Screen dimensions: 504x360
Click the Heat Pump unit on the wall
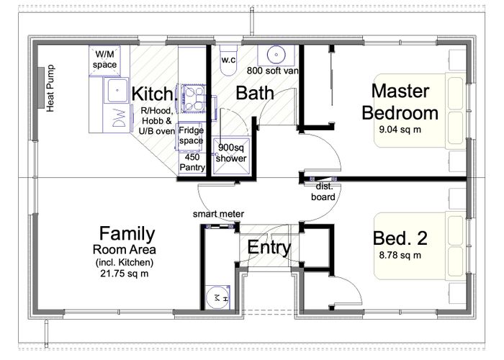[x=41, y=87]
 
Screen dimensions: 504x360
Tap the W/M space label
[x=105, y=60]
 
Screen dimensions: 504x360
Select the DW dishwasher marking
[x=119, y=118]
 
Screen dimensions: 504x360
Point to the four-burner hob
[x=193, y=98]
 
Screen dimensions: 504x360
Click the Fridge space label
[x=191, y=135]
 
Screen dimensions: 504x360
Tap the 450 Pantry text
[x=192, y=162]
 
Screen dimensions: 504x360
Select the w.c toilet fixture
[x=228, y=60]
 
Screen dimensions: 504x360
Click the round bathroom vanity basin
[x=276, y=54]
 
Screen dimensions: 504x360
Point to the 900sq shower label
[x=231, y=153]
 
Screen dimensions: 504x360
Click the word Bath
[x=255, y=93]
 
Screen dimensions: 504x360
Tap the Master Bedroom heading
[x=400, y=102]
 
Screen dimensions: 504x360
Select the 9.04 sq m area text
[x=400, y=130]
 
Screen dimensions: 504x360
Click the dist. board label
[x=323, y=192]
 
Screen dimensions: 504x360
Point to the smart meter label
[x=218, y=214]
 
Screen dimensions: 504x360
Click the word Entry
[x=269, y=247]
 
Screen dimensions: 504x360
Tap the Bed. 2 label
[x=400, y=238]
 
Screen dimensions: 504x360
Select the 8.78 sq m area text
[x=400, y=255]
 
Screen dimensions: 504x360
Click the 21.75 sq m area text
[x=125, y=274]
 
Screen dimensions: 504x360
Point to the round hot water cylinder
[x=217, y=297]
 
